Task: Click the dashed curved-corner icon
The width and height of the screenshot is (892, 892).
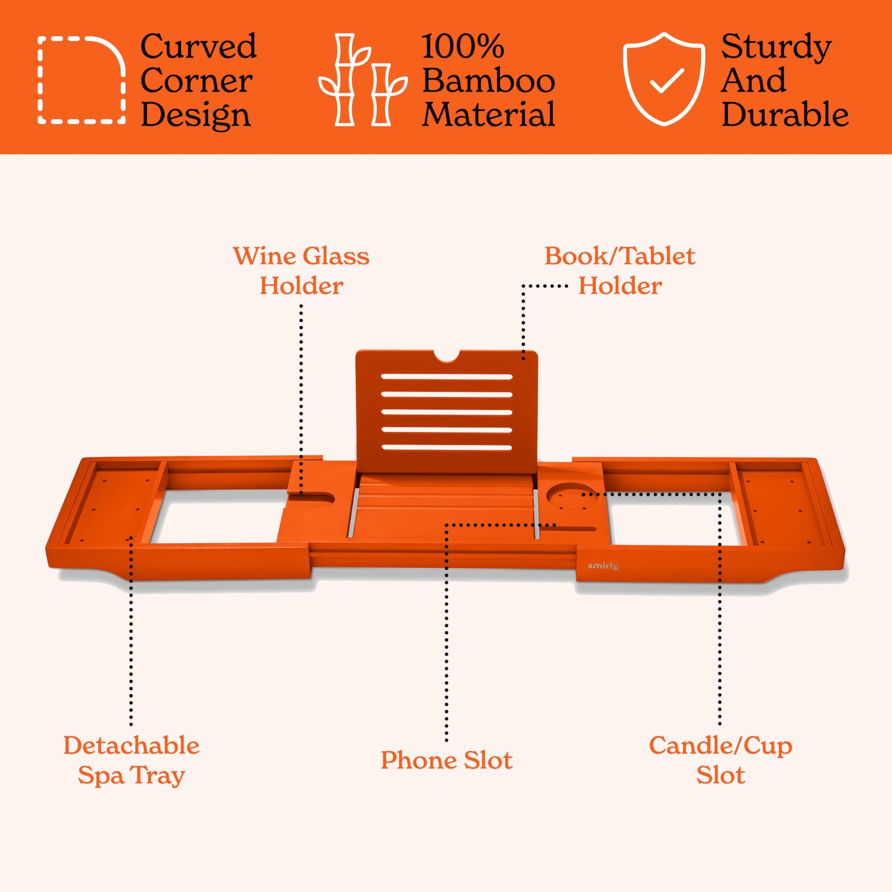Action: pyautogui.click(x=82, y=80)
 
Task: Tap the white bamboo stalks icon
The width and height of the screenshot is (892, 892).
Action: pyautogui.click(x=363, y=80)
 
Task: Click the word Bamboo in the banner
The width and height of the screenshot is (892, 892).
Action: pyautogui.click(x=489, y=81)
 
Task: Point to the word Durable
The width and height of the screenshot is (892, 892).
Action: pyautogui.click(x=785, y=115)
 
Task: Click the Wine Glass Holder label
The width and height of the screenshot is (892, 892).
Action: pyautogui.click(x=301, y=270)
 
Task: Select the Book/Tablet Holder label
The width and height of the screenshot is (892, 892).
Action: pyautogui.click(x=620, y=270)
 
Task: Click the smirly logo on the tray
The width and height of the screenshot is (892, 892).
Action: pyautogui.click(x=603, y=566)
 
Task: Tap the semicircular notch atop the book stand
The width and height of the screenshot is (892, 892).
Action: pyautogui.click(x=446, y=356)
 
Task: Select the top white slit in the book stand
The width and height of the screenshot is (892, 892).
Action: pyautogui.click(x=446, y=377)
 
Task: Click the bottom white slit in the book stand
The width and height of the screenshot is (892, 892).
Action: pyautogui.click(x=446, y=447)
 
